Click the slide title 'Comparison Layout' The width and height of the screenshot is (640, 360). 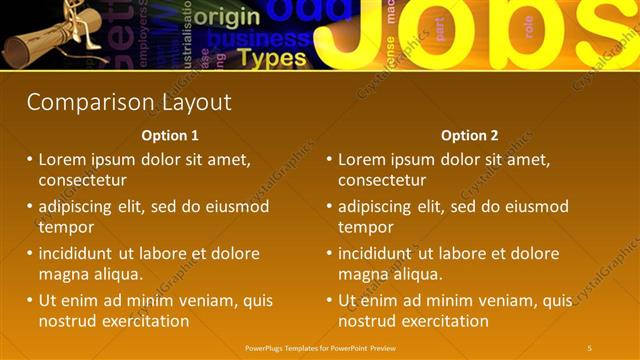[129, 102]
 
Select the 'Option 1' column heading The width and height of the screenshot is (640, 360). [170, 136]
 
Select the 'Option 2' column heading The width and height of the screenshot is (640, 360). [469, 136]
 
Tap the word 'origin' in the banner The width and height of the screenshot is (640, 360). [228, 17]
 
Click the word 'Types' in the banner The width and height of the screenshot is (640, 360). [273, 58]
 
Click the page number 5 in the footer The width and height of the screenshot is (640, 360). [589, 347]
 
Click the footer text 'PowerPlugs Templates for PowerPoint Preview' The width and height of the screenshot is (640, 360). [319, 347]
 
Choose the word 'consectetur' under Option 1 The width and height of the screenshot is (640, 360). [82, 180]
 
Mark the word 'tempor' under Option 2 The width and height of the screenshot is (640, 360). [365, 227]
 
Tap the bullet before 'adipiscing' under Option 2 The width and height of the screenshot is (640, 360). [329, 207]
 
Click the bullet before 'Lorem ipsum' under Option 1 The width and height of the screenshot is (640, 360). [30, 160]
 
